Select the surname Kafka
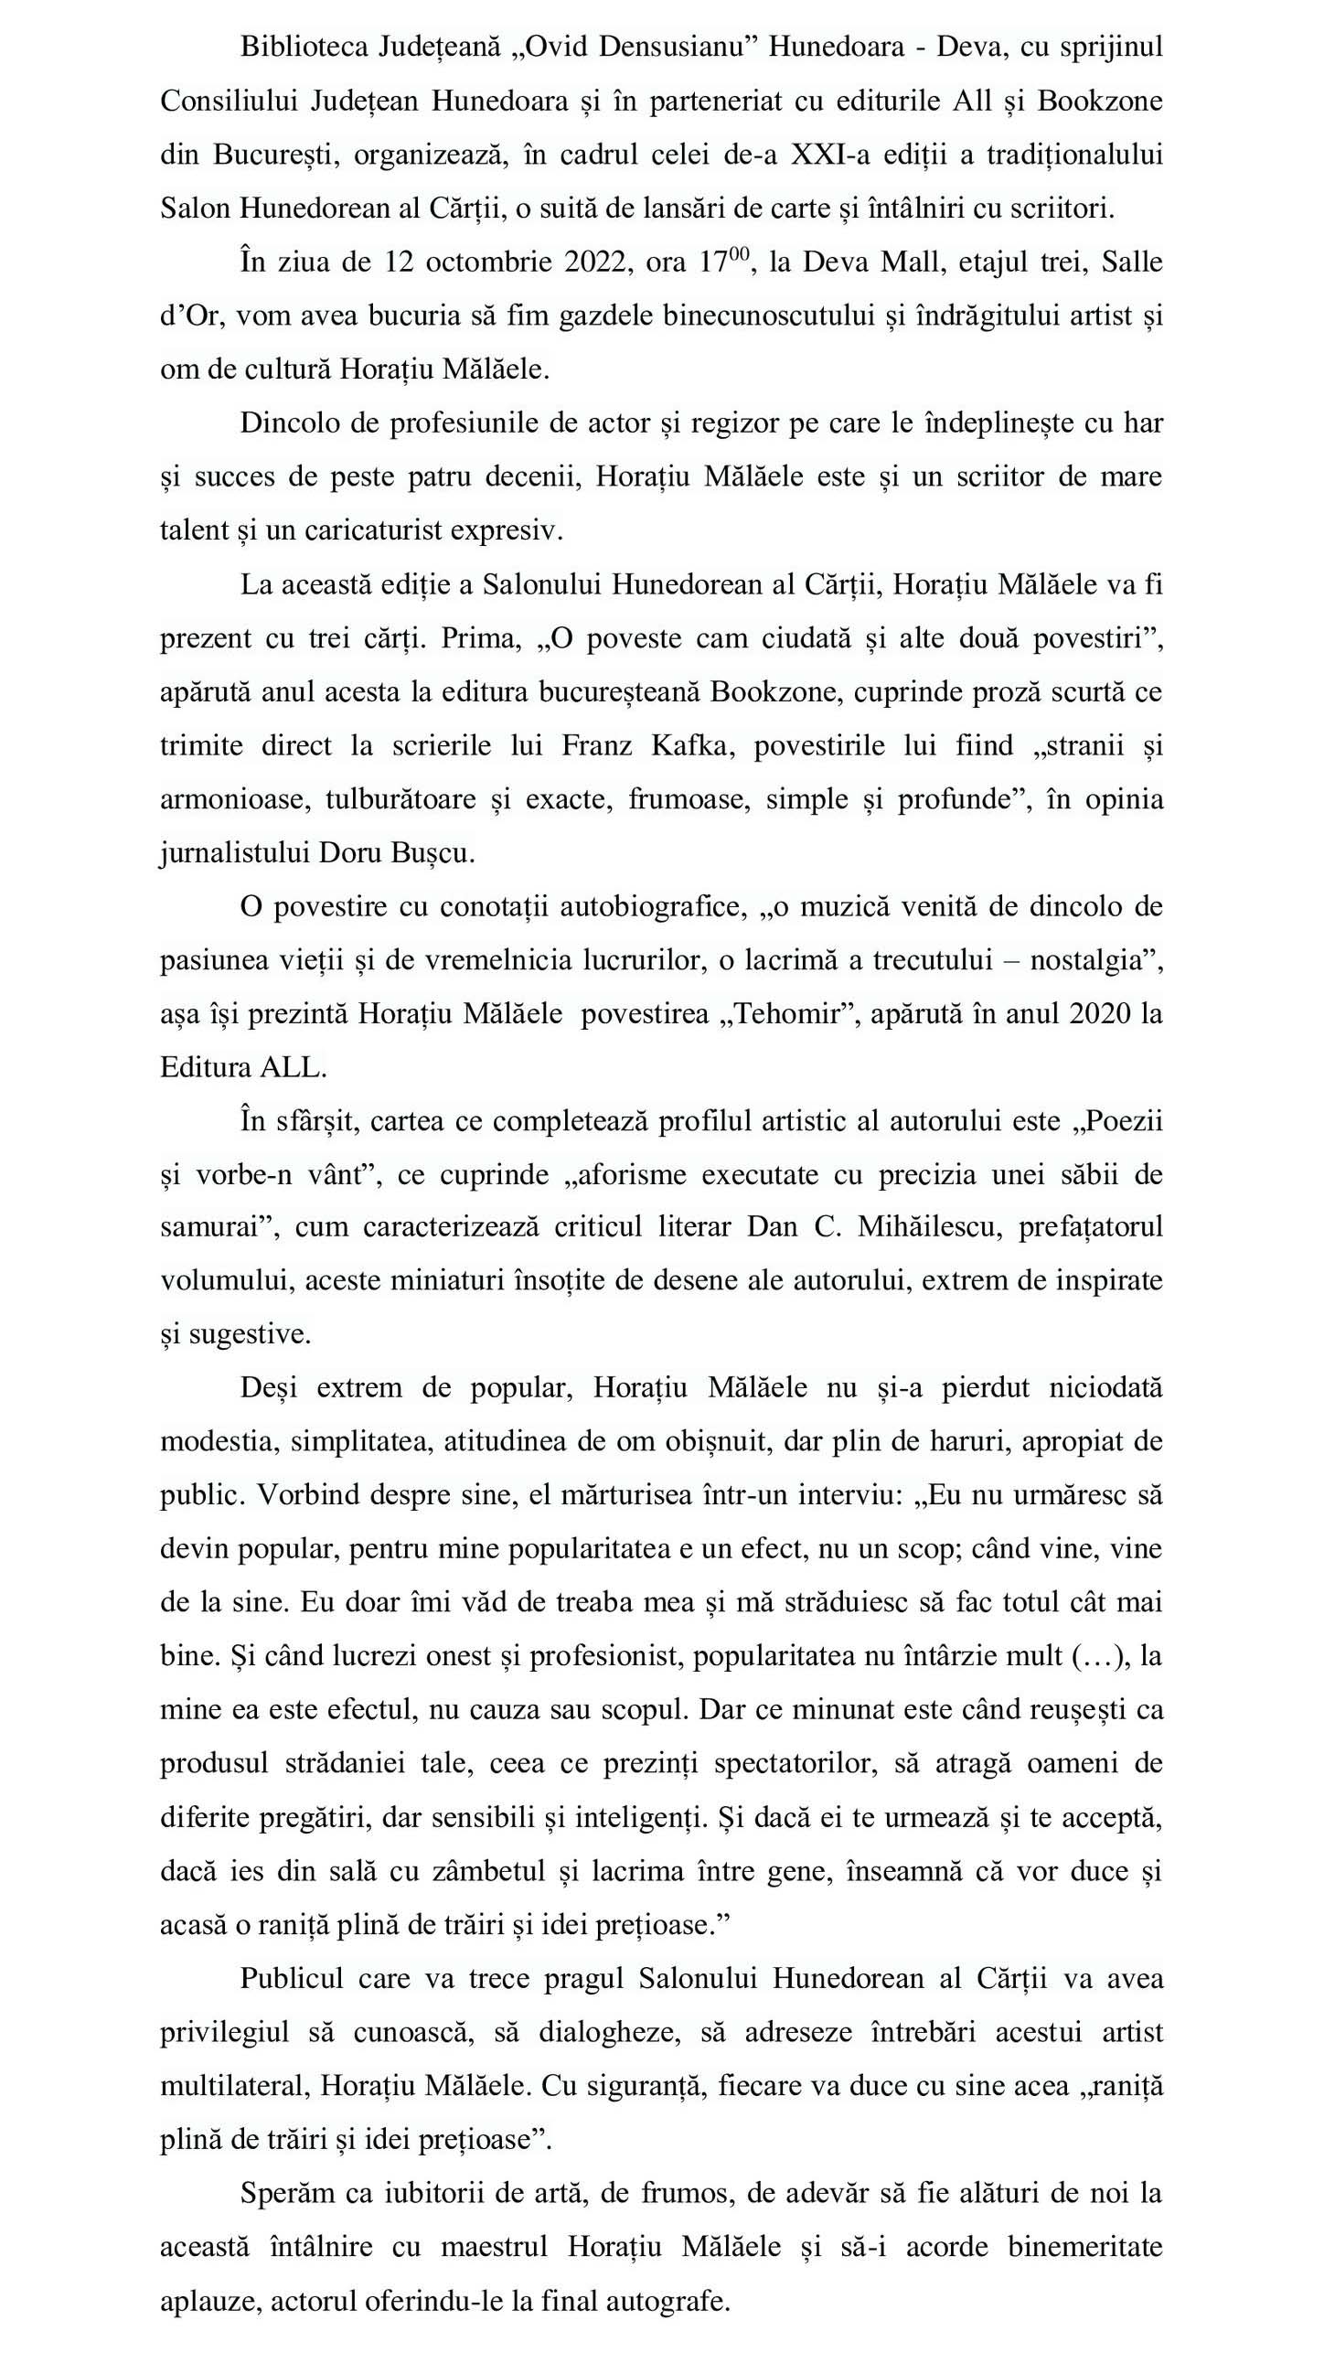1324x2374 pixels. pos(693,745)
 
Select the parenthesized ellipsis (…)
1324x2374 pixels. pos(1100,1656)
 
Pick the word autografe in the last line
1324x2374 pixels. pos(674,2301)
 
